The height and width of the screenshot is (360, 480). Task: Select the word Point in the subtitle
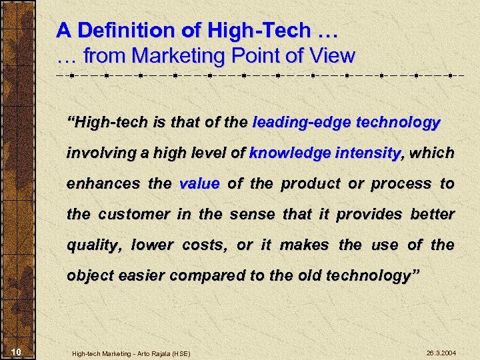pos(245,55)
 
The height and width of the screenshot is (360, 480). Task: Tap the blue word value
pos(199,184)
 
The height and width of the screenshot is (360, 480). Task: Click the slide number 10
pos(18,352)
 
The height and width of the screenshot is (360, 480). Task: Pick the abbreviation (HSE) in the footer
pos(179,353)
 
